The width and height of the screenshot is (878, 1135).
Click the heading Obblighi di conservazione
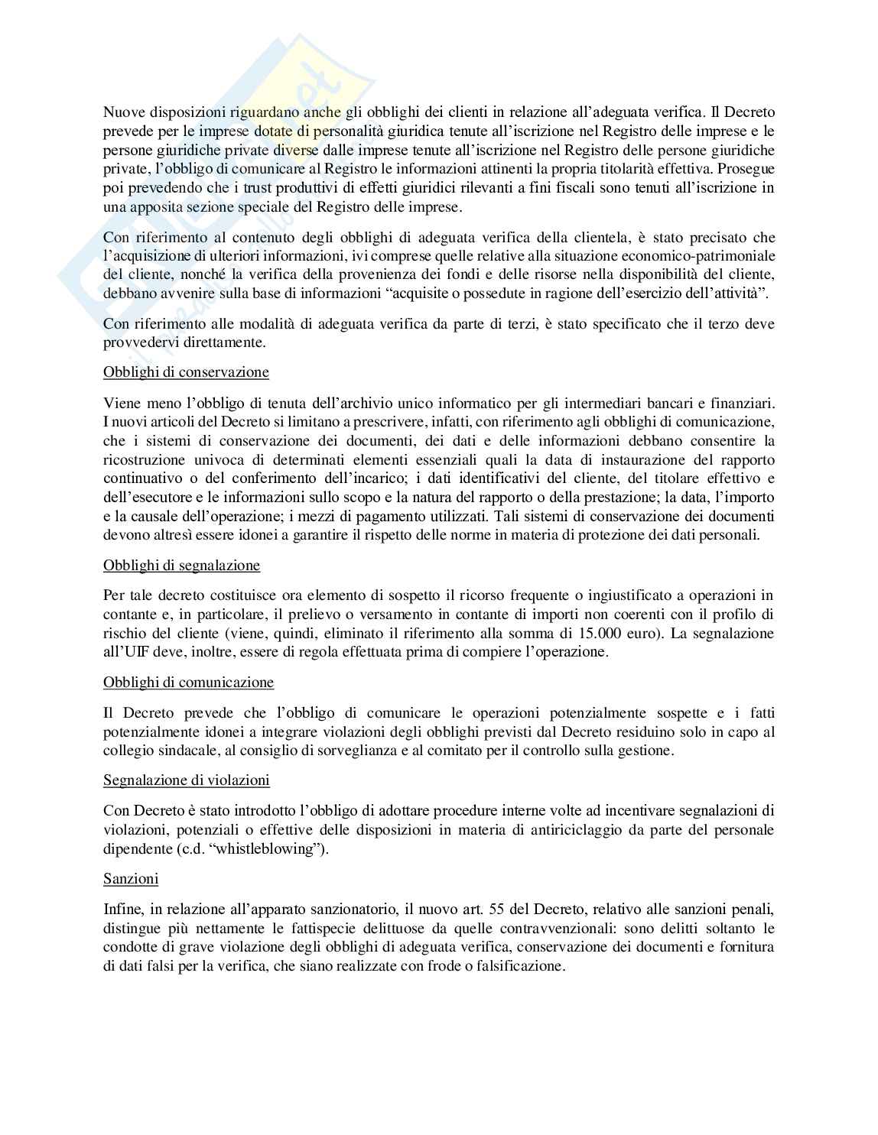coord(186,373)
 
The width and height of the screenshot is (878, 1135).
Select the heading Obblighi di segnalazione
coord(181,566)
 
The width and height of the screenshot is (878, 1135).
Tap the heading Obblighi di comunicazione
coord(188,683)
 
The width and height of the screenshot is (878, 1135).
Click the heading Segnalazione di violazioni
coord(186,780)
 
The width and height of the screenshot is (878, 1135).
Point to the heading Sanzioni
coord(130,878)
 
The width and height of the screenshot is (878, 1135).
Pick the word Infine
coord(122,910)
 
